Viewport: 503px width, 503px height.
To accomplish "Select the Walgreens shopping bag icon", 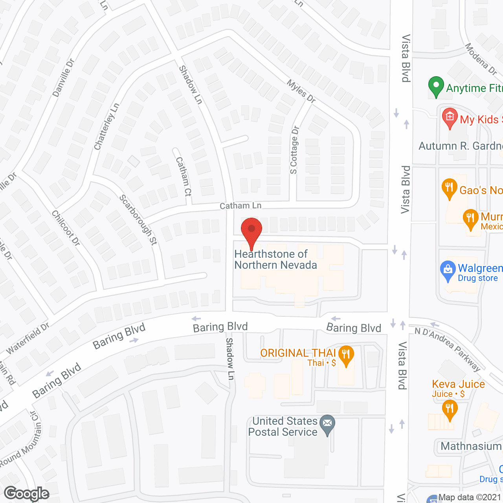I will [448, 270].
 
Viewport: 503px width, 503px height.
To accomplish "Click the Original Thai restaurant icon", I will [346, 355].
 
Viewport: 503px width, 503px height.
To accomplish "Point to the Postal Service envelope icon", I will [327, 424].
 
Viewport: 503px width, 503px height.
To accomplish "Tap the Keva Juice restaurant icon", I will [450, 409].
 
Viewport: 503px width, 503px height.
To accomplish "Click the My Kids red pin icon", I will [450, 117].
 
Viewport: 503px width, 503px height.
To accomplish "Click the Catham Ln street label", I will [240, 206].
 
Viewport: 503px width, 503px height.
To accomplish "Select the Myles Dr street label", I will [301, 91].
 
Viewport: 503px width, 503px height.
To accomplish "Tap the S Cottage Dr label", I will [294, 150].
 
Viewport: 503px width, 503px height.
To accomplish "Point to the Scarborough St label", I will [138, 220].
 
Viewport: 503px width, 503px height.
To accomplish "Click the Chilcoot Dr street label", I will [66, 228].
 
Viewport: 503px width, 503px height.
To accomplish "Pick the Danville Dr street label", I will [63, 78].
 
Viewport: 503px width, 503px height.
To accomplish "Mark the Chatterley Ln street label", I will [106, 127].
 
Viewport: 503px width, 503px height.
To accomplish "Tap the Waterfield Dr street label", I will [28, 338].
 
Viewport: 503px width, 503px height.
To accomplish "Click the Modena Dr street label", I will [481, 59].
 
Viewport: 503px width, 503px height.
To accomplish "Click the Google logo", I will [26, 494].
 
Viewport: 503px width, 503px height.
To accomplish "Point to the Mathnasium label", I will [471, 446].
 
